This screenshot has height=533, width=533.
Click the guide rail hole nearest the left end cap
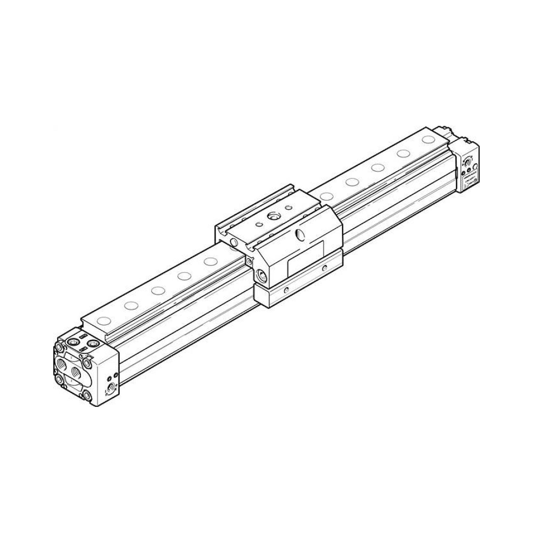(x=104, y=321)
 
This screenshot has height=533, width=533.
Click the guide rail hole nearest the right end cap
(x=428, y=140)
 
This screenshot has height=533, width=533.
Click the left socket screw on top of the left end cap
(x=74, y=343)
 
